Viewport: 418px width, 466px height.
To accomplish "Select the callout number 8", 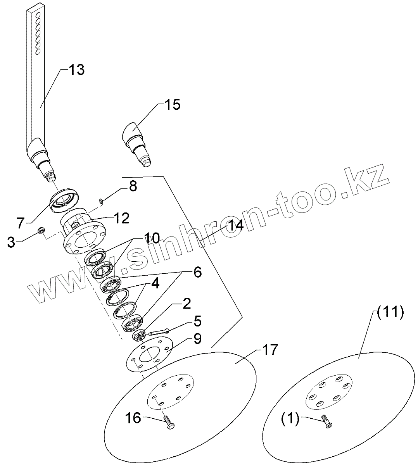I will (133, 186).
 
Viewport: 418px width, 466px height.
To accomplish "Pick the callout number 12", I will (121, 218).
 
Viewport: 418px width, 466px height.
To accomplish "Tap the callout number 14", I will (235, 226).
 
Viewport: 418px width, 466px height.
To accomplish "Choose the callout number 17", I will (270, 350).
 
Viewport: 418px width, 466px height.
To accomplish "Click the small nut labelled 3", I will (40, 231).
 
